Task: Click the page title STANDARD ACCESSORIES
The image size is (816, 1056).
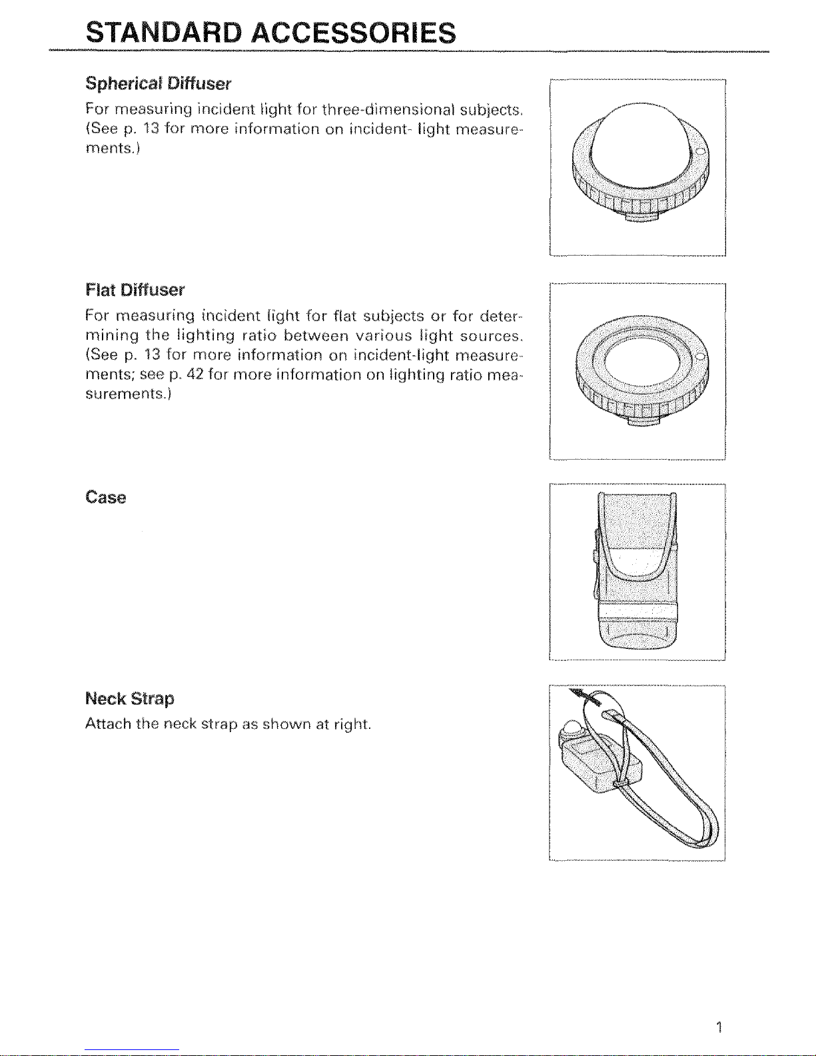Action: click(271, 32)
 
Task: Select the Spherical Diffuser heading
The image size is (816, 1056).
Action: click(158, 84)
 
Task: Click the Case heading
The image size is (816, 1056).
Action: click(105, 498)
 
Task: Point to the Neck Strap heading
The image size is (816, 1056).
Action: click(130, 699)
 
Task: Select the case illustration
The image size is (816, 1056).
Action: click(636, 570)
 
